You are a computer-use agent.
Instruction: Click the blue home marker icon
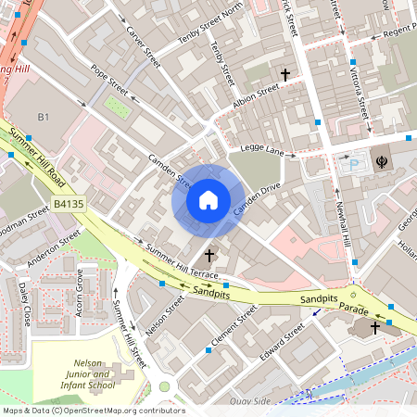point(208,199)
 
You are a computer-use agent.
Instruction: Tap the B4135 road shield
point(68,202)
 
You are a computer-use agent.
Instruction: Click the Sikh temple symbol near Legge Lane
point(381,161)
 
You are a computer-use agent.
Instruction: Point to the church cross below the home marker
point(209,254)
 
